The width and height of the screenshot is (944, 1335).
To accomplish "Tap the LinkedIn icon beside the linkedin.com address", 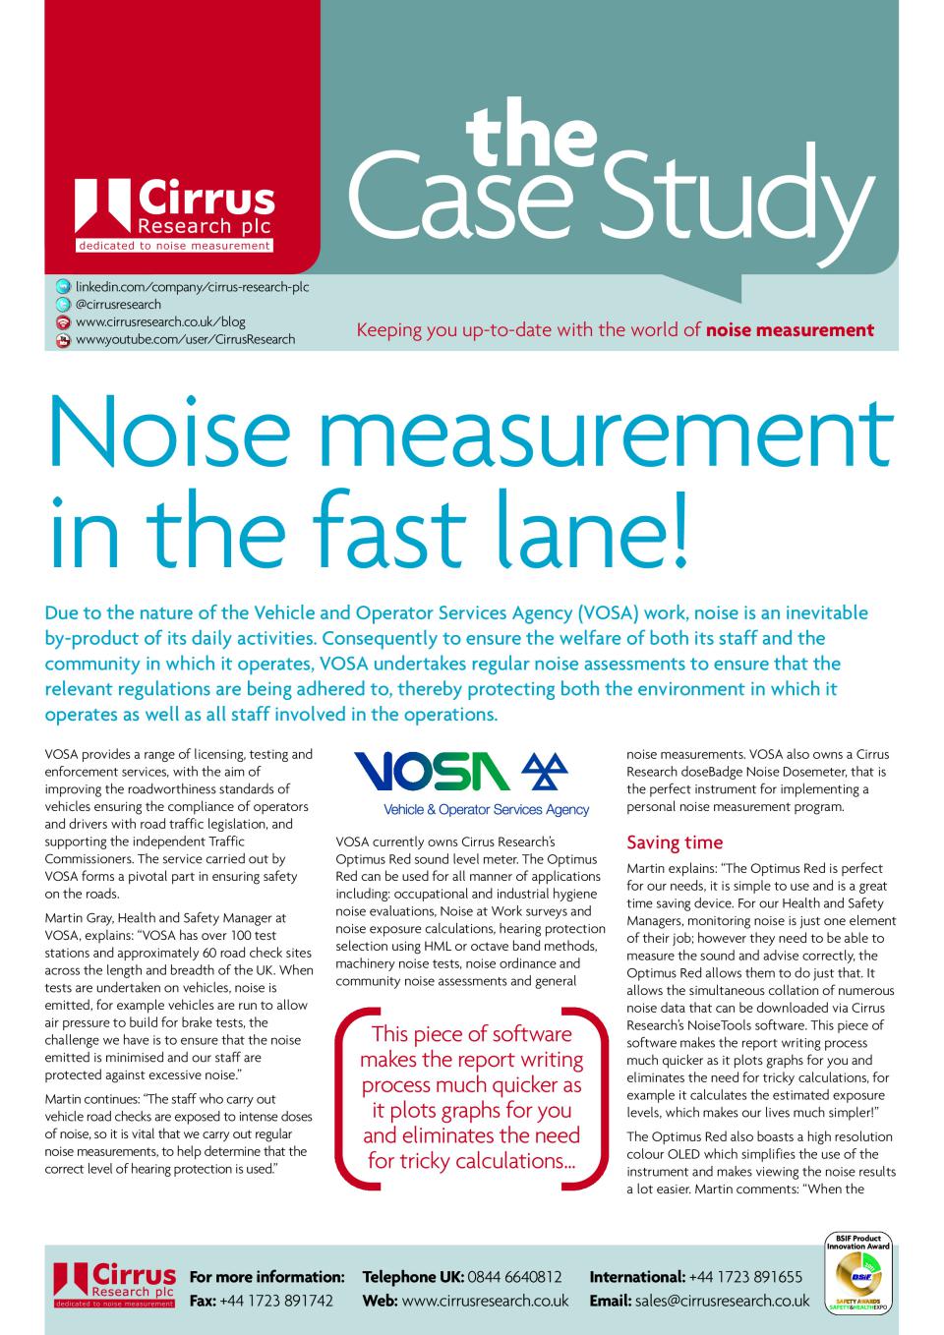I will [63, 286].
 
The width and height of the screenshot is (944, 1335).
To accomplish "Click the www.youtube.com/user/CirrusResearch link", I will [185, 339].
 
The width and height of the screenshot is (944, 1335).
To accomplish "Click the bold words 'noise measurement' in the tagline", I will [790, 330].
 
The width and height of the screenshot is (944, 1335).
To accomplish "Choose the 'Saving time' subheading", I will [675, 842].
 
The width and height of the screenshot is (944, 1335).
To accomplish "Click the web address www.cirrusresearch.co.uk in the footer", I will [486, 1301].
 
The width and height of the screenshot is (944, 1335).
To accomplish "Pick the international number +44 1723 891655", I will [745, 1277].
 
